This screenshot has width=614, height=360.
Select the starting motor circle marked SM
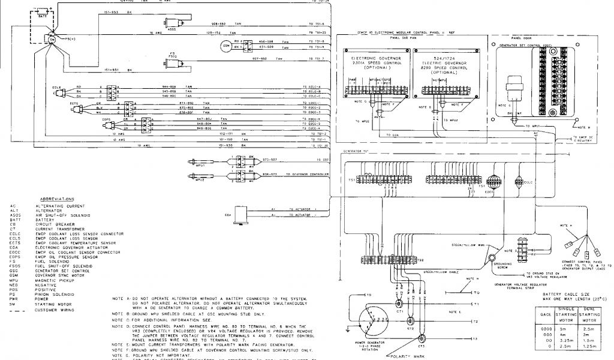[x=52, y=40]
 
